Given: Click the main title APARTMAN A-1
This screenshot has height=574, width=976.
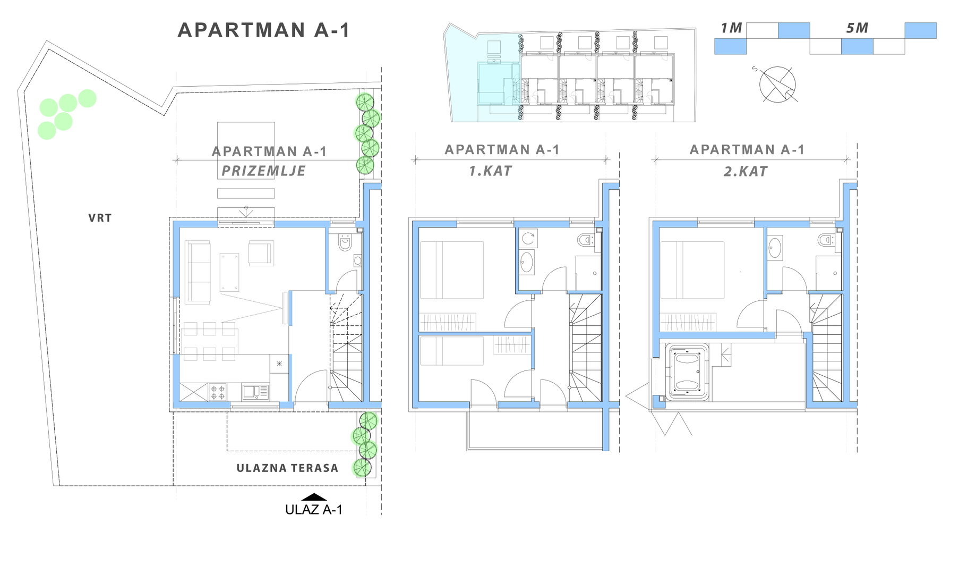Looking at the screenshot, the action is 264,30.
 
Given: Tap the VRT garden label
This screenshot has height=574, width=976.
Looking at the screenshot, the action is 100,218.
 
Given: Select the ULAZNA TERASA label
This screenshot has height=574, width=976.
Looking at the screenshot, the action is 287,468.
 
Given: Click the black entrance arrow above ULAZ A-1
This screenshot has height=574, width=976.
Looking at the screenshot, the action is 314,497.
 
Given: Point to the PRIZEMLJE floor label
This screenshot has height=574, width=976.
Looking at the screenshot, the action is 263,171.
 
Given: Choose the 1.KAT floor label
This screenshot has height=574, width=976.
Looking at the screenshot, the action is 490,171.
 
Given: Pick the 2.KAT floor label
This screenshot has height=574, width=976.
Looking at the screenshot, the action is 746,172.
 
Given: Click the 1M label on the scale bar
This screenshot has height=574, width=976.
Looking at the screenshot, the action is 731,28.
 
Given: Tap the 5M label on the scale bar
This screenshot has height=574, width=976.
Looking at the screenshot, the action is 857,28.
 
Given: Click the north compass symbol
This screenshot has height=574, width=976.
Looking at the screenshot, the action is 777,85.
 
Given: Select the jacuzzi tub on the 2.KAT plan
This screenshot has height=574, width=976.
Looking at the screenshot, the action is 688,372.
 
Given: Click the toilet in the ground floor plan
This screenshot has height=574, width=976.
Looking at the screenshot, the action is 345,242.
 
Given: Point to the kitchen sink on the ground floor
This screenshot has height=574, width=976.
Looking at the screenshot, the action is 255,392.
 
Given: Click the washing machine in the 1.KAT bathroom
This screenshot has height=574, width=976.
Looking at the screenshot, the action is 528,239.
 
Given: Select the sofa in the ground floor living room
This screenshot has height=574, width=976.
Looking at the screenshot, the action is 198,272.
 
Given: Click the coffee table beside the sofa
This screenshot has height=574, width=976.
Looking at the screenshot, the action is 229,272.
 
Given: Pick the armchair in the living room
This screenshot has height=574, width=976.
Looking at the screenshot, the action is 261,254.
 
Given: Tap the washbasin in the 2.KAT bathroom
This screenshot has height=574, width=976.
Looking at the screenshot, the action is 775,248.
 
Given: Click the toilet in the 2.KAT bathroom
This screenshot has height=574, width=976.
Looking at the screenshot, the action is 827,240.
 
